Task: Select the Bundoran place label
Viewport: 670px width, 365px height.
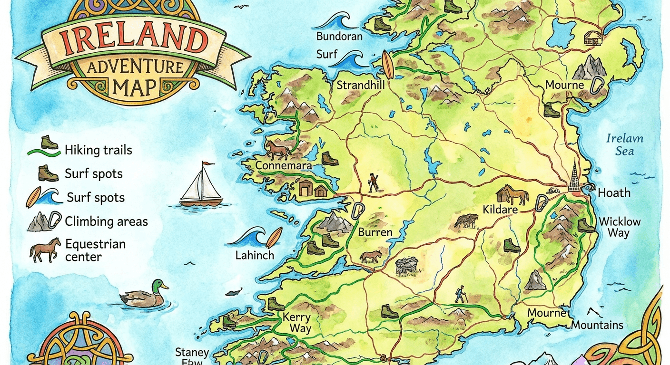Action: tap(339, 37)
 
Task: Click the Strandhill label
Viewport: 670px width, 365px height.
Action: tap(360, 86)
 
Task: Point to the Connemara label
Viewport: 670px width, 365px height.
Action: tap(284, 166)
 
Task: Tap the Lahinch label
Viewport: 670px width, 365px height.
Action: tap(255, 255)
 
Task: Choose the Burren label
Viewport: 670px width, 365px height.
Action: tap(375, 233)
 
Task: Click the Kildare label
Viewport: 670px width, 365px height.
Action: tap(500, 210)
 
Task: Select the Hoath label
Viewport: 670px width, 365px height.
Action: tap(614, 193)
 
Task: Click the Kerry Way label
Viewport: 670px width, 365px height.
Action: tap(297, 323)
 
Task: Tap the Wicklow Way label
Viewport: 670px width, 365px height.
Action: tap(620, 227)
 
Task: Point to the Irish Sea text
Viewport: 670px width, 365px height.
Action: tap(624, 145)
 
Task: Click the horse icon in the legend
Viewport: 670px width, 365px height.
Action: tap(45, 250)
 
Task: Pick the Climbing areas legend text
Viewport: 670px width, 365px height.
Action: tap(106, 221)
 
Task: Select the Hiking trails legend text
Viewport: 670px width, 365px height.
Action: tap(98, 151)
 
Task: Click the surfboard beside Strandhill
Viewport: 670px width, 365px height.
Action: tap(388, 65)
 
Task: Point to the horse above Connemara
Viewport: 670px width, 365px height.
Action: tap(277, 149)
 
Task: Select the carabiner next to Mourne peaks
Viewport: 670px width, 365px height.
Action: tap(596, 86)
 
